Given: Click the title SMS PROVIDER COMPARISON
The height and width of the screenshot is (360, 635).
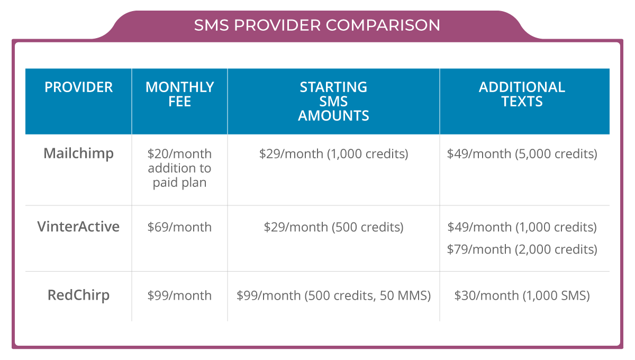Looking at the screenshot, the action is (x=317, y=25).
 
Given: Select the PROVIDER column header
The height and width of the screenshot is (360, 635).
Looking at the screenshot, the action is (x=78, y=87).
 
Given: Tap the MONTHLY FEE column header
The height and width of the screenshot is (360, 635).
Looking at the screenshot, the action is (x=179, y=94).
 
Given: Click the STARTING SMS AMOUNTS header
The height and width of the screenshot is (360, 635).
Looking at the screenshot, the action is (x=333, y=101).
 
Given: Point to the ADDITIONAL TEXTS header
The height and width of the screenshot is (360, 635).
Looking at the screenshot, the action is (x=522, y=94).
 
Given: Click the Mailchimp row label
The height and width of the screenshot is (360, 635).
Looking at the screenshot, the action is (x=78, y=154).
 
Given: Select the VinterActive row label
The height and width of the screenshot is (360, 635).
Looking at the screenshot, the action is (x=78, y=227).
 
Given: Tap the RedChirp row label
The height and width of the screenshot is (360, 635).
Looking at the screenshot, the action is (x=78, y=295).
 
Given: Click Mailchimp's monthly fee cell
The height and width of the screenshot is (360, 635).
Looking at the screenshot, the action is (x=179, y=168).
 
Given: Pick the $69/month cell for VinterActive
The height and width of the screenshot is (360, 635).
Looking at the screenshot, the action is (x=179, y=227).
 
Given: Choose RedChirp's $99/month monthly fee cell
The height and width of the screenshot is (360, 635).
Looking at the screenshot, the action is (x=179, y=295).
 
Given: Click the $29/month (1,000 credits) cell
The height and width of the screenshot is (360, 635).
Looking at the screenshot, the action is (x=334, y=154).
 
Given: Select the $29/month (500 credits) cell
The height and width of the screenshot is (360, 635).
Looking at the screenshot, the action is (x=334, y=227).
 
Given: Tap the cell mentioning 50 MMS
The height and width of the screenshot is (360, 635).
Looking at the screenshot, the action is (x=334, y=295).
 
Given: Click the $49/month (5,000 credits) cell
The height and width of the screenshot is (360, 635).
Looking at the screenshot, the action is (x=522, y=154).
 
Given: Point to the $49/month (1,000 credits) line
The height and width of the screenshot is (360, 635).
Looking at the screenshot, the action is (x=522, y=227).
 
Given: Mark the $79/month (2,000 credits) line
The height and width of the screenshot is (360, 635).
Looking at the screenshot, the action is (x=522, y=249).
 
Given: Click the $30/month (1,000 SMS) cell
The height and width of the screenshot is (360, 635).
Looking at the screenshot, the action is (x=522, y=295).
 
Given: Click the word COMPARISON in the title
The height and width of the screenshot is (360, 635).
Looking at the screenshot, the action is (x=383, y=25).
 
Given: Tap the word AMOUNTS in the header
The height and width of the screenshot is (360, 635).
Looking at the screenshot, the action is (x=333, y=116).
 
